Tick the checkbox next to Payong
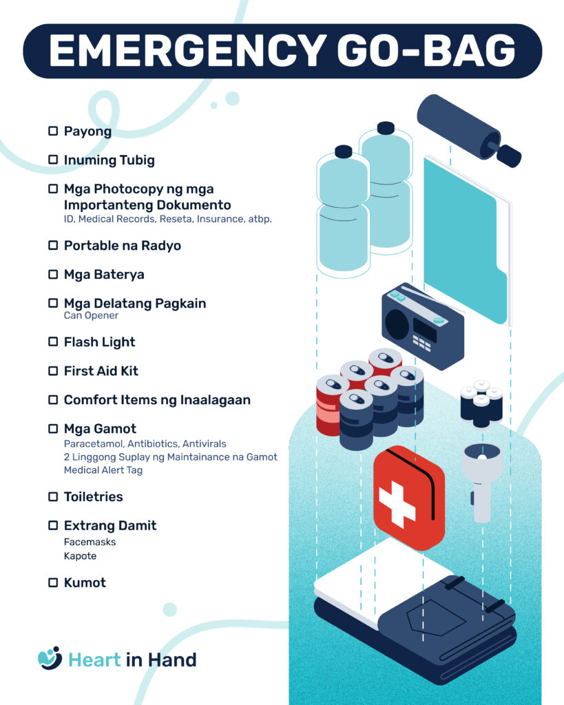click(53, 131)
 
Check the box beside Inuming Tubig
click(53, 160)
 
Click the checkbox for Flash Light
click(53, 341)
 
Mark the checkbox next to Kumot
click(53, 582)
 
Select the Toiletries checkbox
click(53, 496)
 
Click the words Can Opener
click(91, 315)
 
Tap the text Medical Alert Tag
click(103, 470)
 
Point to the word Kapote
click(80, 556)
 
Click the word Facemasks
click(90, 542)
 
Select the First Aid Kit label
click(101, 371)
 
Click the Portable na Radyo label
click(123, 246)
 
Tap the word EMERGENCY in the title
click(187, 51)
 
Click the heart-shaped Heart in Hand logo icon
click(50, 658)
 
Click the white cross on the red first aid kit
click(396, 504)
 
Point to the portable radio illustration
click(422, 326)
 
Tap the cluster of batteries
click(481, 403)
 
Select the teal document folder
click(466, 240)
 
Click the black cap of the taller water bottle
click(386, 128)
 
